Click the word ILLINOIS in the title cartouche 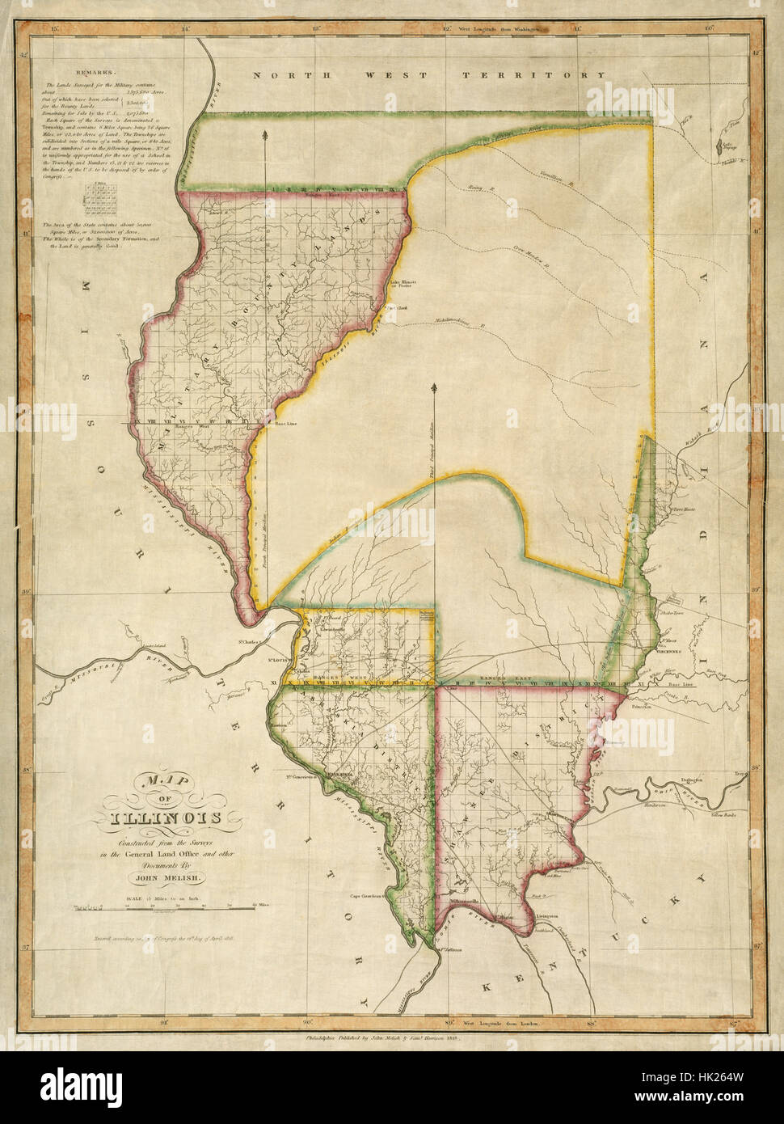(166, 818)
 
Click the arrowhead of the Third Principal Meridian (436, 389)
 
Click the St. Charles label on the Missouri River (247, 644)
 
